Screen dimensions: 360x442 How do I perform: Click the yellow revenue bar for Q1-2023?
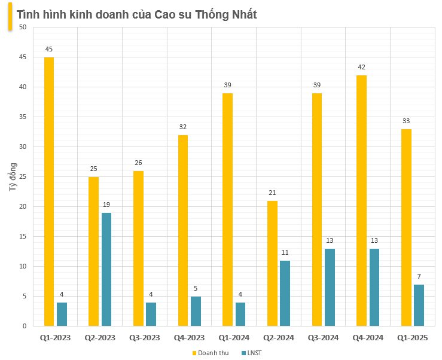click(x=48, y=191)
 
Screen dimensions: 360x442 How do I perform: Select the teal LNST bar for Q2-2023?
click(x=106, y=269)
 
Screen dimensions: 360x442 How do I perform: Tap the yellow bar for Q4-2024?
click(x=361, y=200)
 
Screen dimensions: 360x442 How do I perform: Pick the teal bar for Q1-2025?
click(x=419, y=305)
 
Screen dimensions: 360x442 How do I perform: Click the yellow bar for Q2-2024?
click(x=272, y=263)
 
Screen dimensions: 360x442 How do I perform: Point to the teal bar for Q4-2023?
click(x=196, y=311)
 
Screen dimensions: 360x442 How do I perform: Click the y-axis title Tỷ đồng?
click(x=13, y=177)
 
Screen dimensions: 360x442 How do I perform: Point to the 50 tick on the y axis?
click(x=22, y=28)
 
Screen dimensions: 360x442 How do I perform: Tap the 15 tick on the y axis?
click(x=22, y=237)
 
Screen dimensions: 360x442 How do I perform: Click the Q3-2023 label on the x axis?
click(x=144, y=338)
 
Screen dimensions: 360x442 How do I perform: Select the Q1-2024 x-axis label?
click(x=234, y=338)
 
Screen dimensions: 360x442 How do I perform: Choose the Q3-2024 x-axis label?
click(x=323, y=338)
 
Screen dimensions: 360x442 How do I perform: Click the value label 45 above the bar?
click(x=48, y=49)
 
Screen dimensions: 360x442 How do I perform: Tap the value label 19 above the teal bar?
click(x=106, y=205)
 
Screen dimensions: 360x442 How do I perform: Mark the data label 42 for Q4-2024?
click(x=361, y=67)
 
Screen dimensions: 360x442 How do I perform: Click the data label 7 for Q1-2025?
click(x=419, y=276)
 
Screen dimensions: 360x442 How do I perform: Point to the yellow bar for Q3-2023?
click(x=138, y=248)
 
